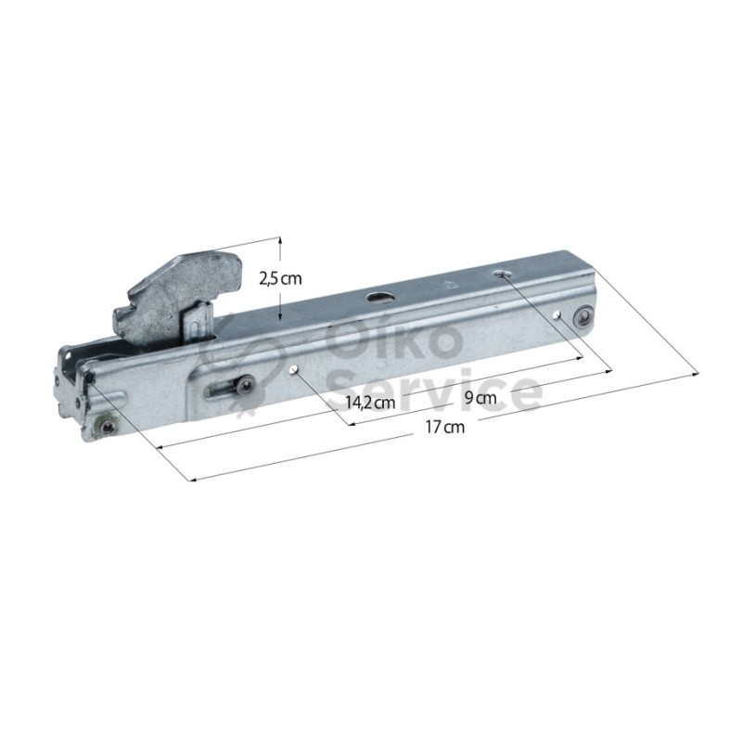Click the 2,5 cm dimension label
click(x=280, y=279)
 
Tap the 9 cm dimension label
click(x=480, y=398)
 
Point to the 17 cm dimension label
click(x=445, y=427)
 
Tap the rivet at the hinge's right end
click(x=583, y=316)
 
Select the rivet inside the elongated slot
click(x=246, y=384)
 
